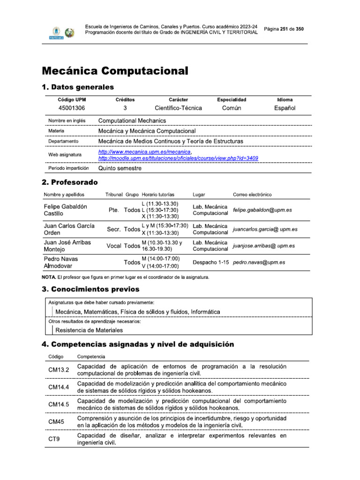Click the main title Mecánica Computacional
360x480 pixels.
point(115,71)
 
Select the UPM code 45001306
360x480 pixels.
point(72,108)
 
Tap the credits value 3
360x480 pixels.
point(125,108)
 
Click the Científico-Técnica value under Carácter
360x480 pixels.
point(178,108)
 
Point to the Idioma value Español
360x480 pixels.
point(285,108)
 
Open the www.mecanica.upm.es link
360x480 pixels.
point(144,152)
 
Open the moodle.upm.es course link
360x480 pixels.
point(178,158)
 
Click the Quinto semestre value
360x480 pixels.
point(120,168)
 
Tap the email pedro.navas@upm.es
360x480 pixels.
point(259,262)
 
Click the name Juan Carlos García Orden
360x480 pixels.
point(69,229)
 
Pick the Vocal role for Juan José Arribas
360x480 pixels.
point(114,246)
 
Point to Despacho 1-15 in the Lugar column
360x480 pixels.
point(210,262)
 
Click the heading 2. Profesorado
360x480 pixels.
point(70,182)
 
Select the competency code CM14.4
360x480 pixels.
point(59,387)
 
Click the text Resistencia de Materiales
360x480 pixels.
point(89,330)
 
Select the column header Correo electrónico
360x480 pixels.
point(252,195)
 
